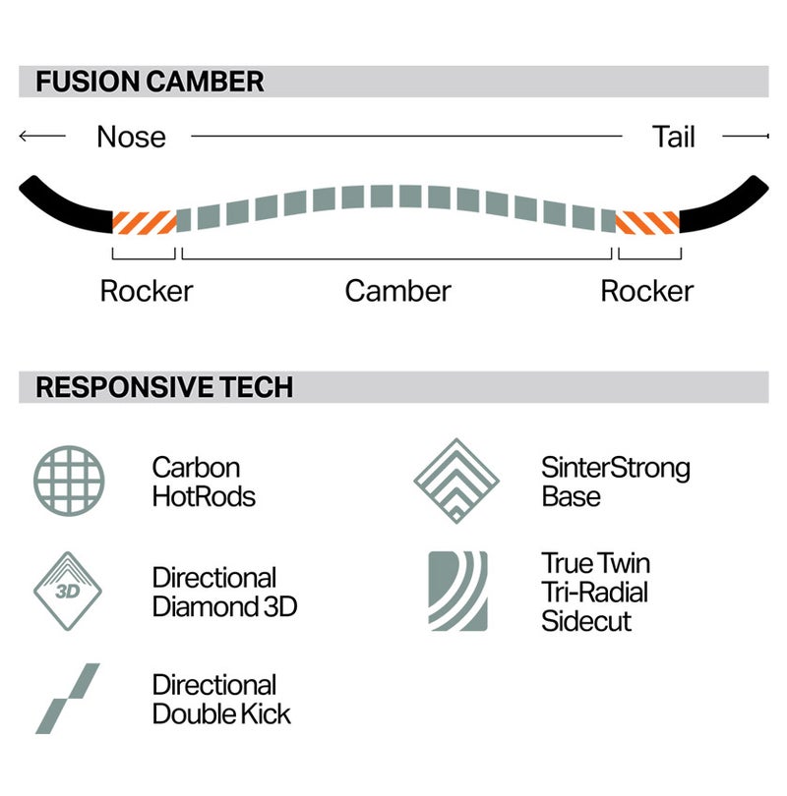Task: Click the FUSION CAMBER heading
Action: point(150,82)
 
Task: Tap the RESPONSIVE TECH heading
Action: point(164,387)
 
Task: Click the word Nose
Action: point(131,137)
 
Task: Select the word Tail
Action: point(673,137)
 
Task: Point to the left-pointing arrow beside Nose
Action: point(42,136)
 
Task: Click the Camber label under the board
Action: point(397,291)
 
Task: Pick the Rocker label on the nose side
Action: point(147,291)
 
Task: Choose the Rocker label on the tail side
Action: point(646,291)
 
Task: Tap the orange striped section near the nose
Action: point(145,222)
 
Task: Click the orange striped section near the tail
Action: point(647,222)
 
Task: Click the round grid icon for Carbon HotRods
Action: point(69,481)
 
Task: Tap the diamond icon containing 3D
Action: point(68,591)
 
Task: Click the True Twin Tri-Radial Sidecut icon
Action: point(457,591)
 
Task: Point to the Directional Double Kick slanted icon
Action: point(68,698)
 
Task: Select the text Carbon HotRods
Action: point(204,482)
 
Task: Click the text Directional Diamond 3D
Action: point(224,592)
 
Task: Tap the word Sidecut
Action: point(586,621)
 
